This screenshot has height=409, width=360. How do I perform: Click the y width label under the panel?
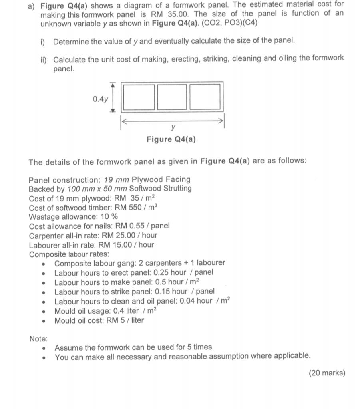click(173, 127)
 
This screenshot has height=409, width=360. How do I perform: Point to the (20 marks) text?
click(327, 373)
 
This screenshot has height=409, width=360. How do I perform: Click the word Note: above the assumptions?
click(38, 339)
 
